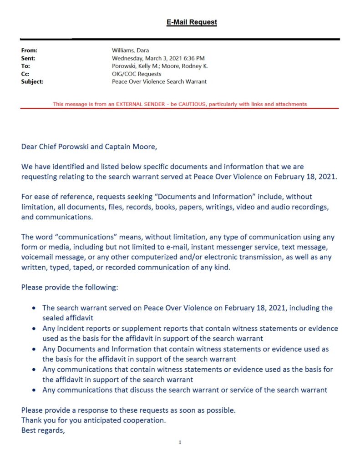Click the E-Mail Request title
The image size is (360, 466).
(191, 22)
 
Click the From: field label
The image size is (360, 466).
(29, 51)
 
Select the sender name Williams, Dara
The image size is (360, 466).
(130, 51)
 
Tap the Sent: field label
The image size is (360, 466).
(28, 58)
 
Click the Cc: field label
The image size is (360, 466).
(25, 74)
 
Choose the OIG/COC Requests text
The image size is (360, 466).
(137, 74)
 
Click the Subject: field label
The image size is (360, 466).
(32, 81)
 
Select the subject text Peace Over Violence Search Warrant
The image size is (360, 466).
(159, 81)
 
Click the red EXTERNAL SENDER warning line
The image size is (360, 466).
(180, 104)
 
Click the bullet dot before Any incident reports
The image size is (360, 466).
(35, 329)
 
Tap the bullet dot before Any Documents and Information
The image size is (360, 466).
(35, 349)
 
